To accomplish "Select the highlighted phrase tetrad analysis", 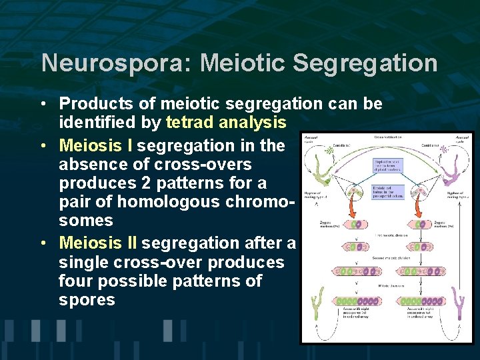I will coord(226,123).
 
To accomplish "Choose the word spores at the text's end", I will coord(87,299).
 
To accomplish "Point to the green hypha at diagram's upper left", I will coord(319,173).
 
